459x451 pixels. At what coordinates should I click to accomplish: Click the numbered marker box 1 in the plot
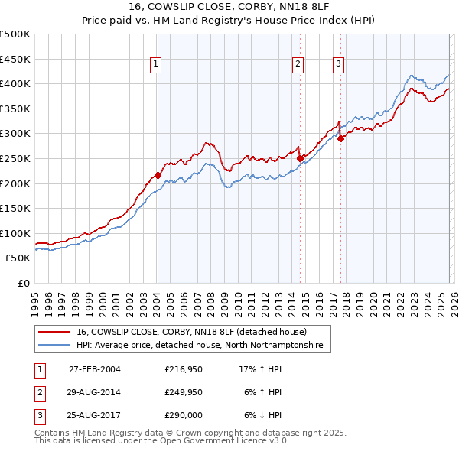click(156, 65)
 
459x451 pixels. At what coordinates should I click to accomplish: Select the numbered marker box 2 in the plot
click(298, 65)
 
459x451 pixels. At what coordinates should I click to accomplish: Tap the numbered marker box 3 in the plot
click(338, 65)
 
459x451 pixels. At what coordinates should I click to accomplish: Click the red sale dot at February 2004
click(158, 175)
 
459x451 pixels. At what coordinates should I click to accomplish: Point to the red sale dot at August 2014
click(300, 158)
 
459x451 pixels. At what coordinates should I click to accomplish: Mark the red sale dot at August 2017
click(340, 138)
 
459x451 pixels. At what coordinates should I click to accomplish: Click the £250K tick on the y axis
click(15, 158)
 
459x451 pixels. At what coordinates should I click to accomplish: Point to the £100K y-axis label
click(15, 233)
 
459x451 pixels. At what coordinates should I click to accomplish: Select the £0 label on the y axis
click(23, 283)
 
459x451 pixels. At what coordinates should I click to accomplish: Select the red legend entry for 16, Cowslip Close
click(191, 332)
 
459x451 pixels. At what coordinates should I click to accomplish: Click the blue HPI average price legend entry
click(199, 346)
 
